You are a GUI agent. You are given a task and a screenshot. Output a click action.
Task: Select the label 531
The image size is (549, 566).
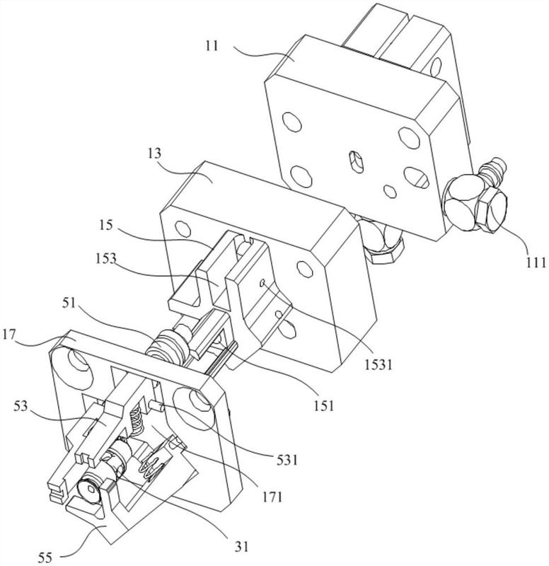point(286,461)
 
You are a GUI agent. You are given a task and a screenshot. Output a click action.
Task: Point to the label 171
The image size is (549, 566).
point(270,496)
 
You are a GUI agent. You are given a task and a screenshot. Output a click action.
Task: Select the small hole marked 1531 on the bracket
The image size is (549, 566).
point(264,282)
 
